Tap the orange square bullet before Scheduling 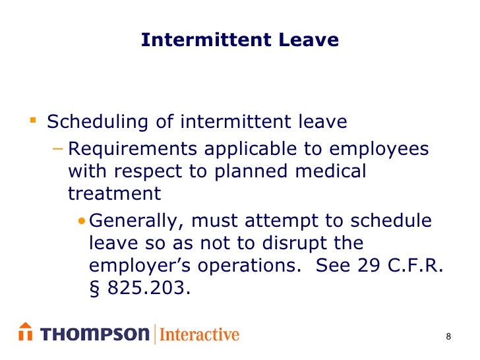click(x=33, y=121)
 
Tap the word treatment click(x=114, y=193)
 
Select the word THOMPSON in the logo click(x=95, y=334)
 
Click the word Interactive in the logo click(x=199, y=334)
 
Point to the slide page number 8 click(x=449, y=338)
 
